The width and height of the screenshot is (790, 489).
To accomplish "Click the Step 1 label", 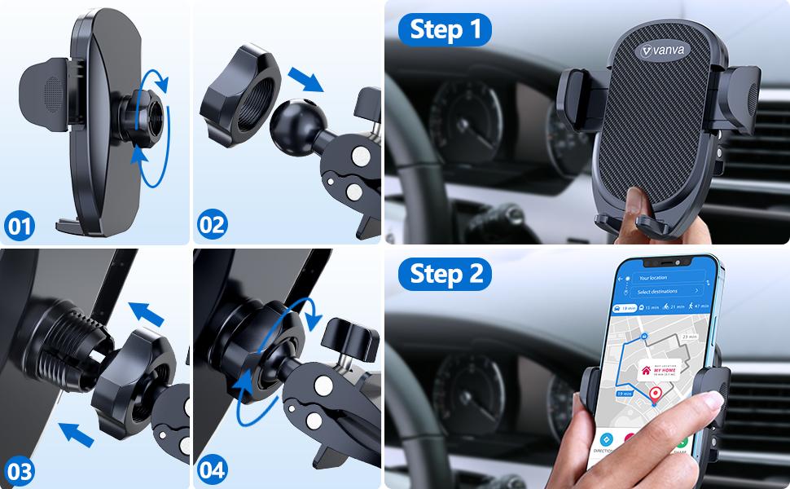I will point(445,30).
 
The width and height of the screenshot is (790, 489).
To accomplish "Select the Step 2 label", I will point(445,273).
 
